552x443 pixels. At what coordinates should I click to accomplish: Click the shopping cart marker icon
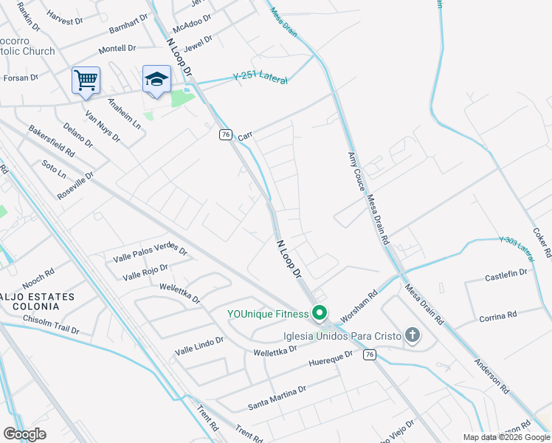86,80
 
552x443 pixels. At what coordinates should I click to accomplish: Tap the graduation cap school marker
156,80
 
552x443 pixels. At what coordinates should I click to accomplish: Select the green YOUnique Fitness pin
320,314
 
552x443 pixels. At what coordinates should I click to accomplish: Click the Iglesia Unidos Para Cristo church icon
413,337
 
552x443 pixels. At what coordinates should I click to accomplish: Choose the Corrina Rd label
497,316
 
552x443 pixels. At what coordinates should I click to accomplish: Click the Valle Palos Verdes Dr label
151,253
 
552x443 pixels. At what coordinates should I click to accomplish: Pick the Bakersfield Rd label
52,140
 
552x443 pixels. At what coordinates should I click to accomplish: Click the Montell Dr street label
117,48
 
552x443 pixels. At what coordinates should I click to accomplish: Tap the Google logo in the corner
25,433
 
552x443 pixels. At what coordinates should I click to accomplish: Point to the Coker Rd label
542,241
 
